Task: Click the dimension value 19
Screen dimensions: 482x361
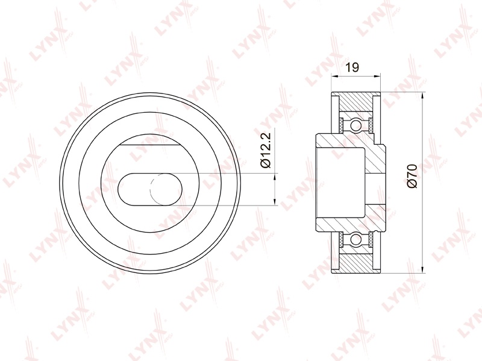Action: click(x=352, y=67)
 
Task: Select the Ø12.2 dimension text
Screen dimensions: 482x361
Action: click(x=265, y=149)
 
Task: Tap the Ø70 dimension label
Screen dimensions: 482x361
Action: click(x=412, y=176)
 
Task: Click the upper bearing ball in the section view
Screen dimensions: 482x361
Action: click(x=356, y=125)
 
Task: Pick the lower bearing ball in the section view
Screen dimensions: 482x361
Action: click(x=356, y=239)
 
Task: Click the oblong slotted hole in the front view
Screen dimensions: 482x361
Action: click(x=150, y=189)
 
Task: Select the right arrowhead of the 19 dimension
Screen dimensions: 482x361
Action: click(x=378, y=77)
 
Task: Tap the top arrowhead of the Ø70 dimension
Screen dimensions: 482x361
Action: click(x=423, y=95)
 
